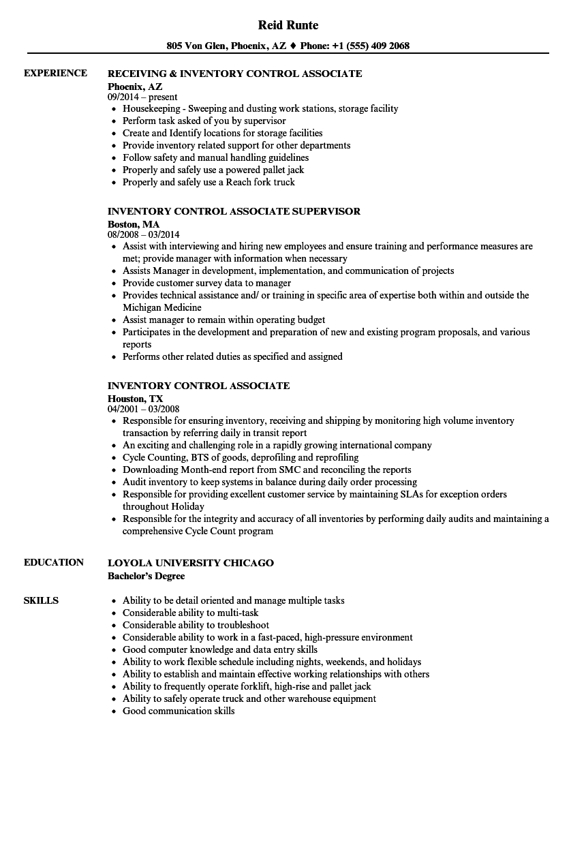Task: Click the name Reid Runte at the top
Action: click(288, 25)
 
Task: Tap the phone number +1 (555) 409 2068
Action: click(371, 46)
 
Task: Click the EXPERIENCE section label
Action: click(55, 73)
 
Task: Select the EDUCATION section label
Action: click(54, 562)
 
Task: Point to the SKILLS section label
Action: click(41, 600)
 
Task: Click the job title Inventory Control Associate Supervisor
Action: click(234, 211)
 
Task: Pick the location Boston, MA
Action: click(134, 224)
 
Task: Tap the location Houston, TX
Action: click(136, 398)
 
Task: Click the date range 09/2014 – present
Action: click(142, 97)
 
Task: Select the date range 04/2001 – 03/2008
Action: click(144, 410)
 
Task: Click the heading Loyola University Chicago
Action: click(191, 563)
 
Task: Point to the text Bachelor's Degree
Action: click(146, 575)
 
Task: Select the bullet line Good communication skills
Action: click(179, 711)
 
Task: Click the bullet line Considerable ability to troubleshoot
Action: click(196, 625)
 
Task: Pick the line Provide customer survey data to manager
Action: click(206, 283)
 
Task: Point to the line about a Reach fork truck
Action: click(209, 182)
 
